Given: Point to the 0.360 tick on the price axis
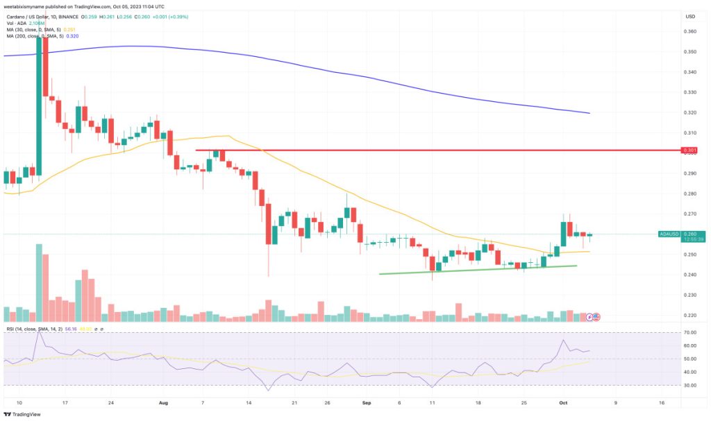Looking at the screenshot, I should click(x=690, y=31).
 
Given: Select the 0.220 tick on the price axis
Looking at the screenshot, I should click(x=690, y=316).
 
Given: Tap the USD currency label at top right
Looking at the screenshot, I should click(x=690, y=16).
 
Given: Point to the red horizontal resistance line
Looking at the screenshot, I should click(x=417, y=150).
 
